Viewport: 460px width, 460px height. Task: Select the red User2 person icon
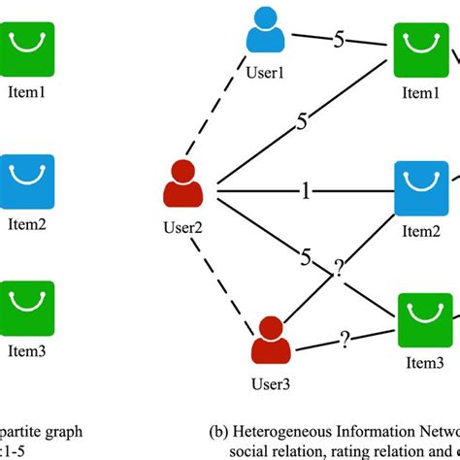(181, 183)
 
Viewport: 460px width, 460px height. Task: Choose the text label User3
(271, 381)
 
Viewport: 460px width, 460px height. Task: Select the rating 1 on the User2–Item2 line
(305, 192)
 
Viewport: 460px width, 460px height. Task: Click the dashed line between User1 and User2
(222, 115)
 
